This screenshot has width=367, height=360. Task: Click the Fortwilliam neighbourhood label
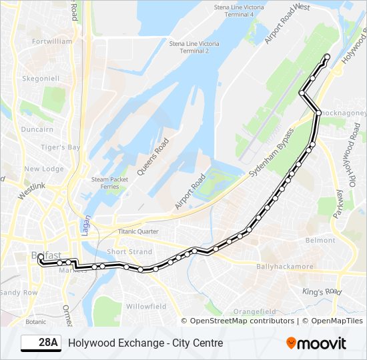pyautogui.click(x=52, y=41)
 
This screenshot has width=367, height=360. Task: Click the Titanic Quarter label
pyautogui.click(x=138, y=231)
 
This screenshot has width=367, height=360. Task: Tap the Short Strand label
pyautogui.click(x=129, y=251)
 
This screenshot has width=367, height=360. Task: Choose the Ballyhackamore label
pyautogui.click(x=285, y=266)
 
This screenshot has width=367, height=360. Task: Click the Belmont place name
pyautogui.click(x=320, y=240)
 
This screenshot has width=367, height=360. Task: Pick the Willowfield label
pyautogui.click(x=146, y=306)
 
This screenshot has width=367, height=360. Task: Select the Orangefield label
pyautogui.click(x=254, y=311)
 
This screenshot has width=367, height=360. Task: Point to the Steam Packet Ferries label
pyautogui.click(x=109, y=183)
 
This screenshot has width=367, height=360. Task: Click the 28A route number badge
pyautogui.click(x=40, y=343)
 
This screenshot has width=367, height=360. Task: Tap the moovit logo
pyautogui.click(x=316, y=343)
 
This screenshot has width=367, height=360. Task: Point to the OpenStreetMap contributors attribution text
pyautogui.click(x=242, y=321)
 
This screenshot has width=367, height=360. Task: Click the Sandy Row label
pyautogui.click(x=19, y=292)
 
